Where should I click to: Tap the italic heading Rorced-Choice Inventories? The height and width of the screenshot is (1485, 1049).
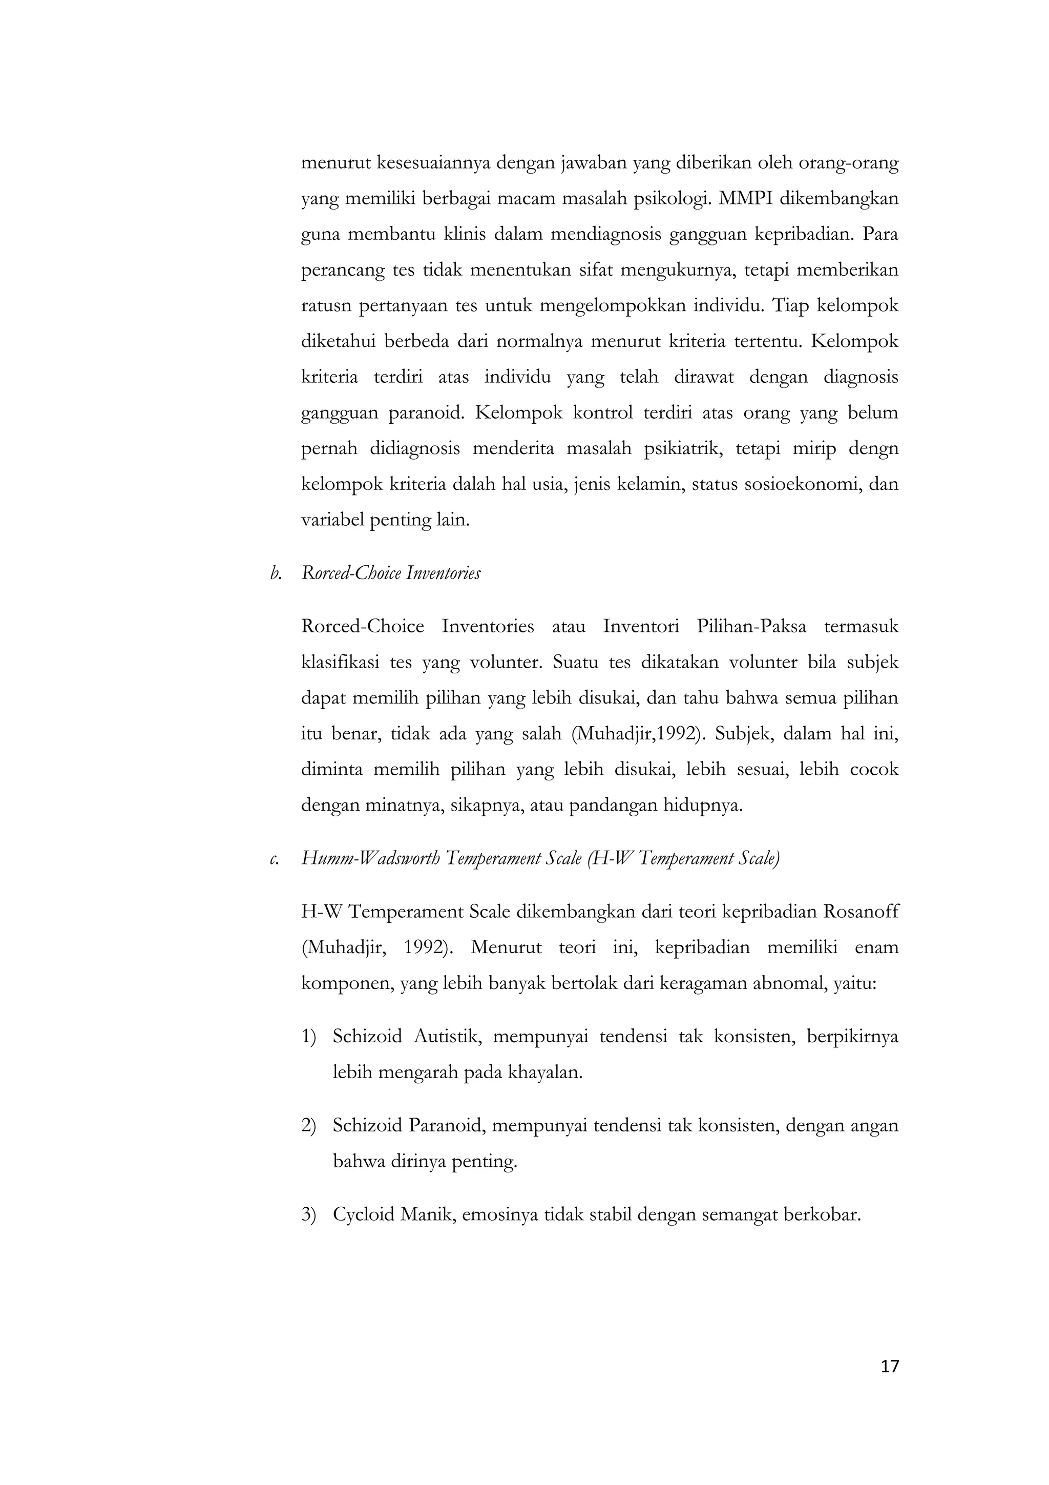(x=390, y=574)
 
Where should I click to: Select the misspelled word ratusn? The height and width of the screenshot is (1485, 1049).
(x=326, y=306)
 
